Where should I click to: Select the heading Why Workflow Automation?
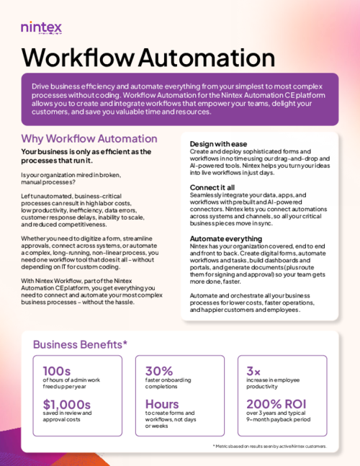pyautogui.click(x=89, y=138)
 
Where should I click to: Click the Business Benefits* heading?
pyautogui.click(x=80, y=344)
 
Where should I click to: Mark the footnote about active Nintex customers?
pyautogui.click(x=269, y=447)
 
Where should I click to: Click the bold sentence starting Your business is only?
pyautogui.click(x=86, y=156)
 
